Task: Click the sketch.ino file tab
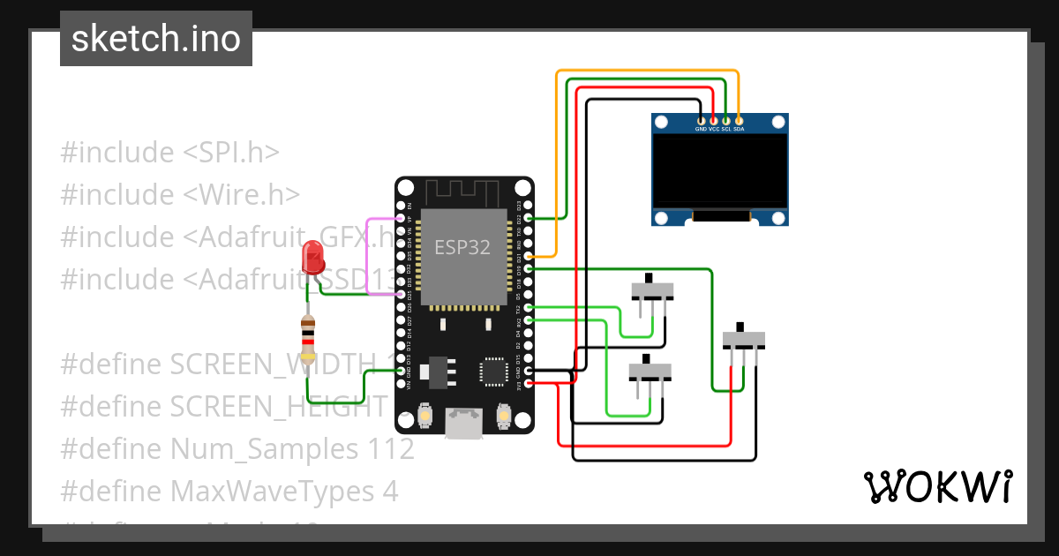click(155, 39)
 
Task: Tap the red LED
click(313, 258)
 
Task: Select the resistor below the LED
click(307, 339)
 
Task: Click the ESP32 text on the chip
click(462, 247)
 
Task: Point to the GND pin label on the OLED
click(701, 129)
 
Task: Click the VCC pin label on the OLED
click(714, 129)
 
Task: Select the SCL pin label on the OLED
click(726, 129)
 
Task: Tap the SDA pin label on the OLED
click(739, 129)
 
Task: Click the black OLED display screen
click(719, 171)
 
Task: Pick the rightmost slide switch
click(743, 339)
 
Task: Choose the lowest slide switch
click(650, 371)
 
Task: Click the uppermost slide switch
click(653, 290)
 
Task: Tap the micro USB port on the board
click(463, 425)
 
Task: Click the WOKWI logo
click(937, 486)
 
